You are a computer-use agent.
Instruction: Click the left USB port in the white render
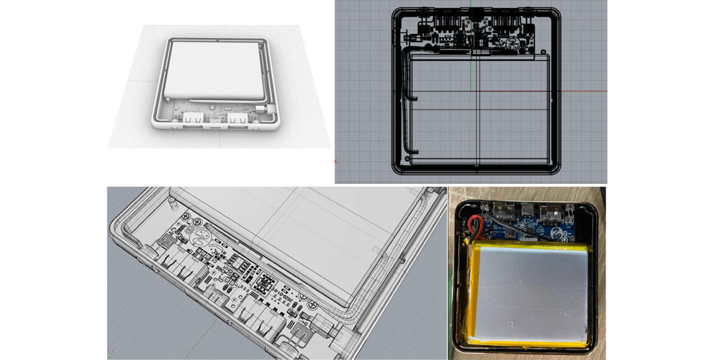tap(192, 119)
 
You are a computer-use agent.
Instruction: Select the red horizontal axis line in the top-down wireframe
tap(585, 91)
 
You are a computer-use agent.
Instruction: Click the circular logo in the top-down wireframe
tap(513, 41)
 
